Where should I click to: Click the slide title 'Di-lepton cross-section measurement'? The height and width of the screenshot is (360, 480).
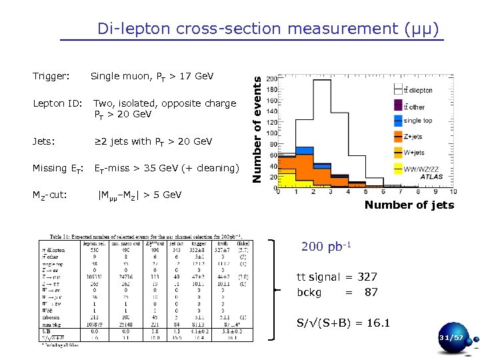tap(268, 29)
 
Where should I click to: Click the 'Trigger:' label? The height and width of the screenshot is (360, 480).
tap(51, 76)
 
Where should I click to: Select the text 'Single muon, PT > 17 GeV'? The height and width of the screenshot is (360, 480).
tap(152, 76)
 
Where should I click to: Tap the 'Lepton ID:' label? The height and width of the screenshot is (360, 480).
tap(57, 103)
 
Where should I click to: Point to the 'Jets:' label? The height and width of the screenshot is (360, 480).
tap(44, 141)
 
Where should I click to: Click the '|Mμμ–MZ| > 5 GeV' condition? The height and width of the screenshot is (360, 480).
tap(139, 195)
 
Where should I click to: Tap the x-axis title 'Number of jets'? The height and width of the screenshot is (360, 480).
tap(409, 205)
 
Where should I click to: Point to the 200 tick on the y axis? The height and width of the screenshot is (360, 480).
tap(271, 79)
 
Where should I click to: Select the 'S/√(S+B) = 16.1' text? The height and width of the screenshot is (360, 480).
tap(343, 324)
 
